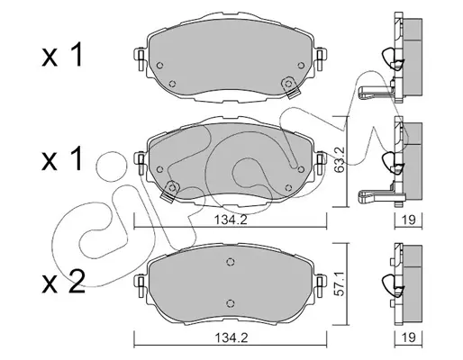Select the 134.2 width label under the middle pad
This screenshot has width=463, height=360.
click(x=231, y=220)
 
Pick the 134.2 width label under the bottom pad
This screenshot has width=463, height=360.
click(x=231, y=338)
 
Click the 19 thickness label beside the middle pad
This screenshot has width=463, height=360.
click(x=408, y=220)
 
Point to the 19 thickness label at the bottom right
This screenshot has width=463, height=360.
click(x=408, y=338)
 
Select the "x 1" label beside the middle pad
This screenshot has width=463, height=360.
click(x=62, y=158)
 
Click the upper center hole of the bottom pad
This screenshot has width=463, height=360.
click(x=231, y=262)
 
